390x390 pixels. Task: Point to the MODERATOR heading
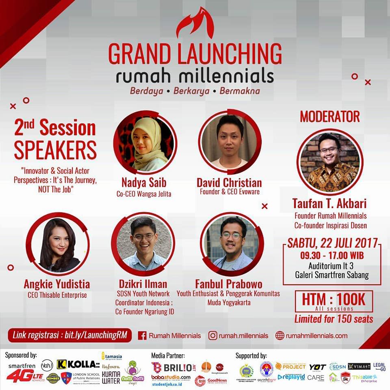click(329, 117)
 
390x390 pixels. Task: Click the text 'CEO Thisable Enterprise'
click(57, 295)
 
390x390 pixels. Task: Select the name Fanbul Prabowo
click(228, 283)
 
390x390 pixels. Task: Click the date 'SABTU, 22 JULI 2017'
click(332, 244)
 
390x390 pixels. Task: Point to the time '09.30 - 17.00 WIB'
click(332, 256)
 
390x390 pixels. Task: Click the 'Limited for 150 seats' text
click(334, 319)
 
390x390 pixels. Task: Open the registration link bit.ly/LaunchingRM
click(69, 336)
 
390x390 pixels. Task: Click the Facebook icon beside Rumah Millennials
click(142, 336)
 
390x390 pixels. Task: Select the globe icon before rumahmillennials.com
click(279, 336)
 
